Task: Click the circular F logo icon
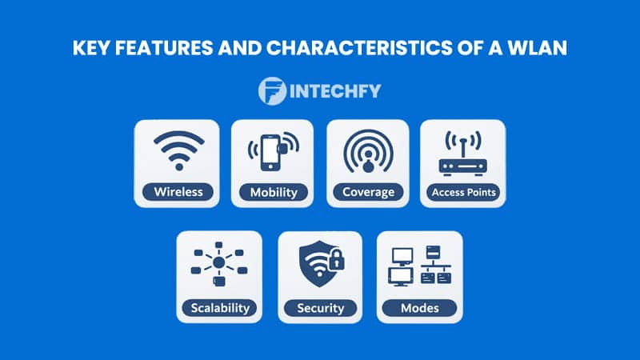coord(272,90)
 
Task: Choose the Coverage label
coord(368,192)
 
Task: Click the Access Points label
coord(463,192)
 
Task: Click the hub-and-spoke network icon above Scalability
coord(219,264)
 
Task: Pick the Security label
coord(320,307)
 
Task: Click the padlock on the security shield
coord(336,261)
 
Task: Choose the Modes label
coord(419,307)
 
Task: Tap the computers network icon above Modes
coord(419,266)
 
